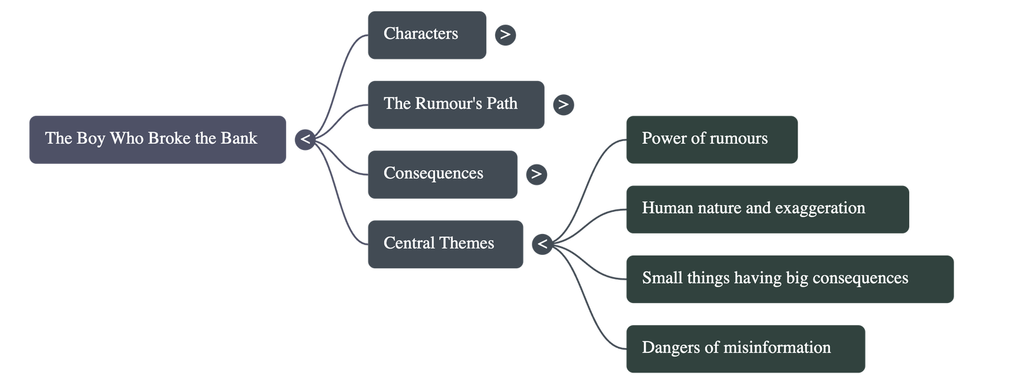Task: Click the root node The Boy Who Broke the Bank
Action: pos(157,139)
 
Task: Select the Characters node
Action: pos(426,35)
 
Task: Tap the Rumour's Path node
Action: pos(455,104)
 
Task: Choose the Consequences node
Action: pos(442,174)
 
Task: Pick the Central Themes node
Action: pos(445,244)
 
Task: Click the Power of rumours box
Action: pos(712,139)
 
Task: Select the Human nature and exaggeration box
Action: pos(767,209)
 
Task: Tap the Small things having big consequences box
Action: pos(789,279)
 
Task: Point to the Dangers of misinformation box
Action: pos(745,349)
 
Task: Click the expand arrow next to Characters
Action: pos(505,35)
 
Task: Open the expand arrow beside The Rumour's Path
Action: pos(563,104)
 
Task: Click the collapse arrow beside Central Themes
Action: pos(543,244)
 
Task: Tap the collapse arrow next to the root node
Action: pos(305,139)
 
